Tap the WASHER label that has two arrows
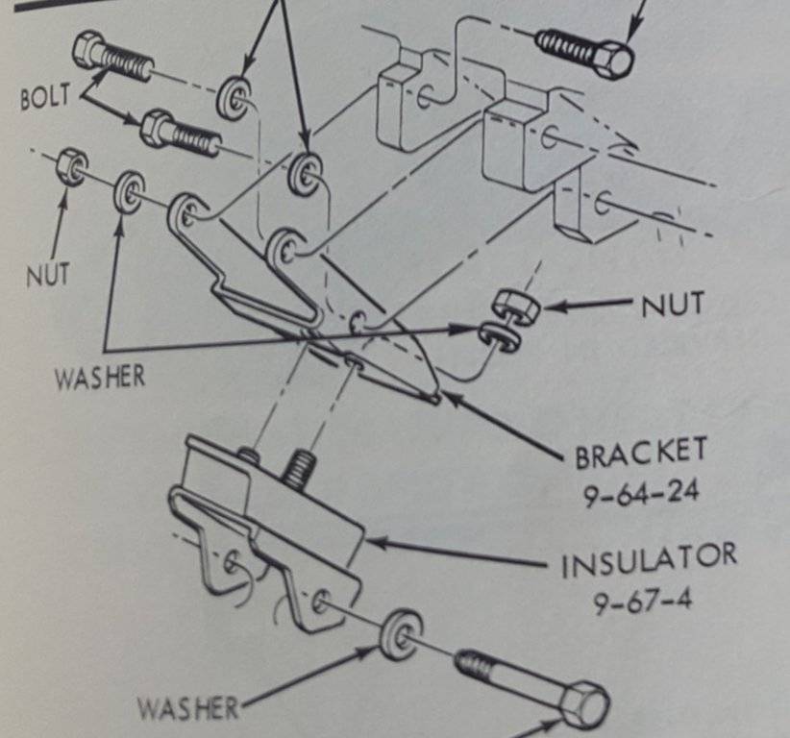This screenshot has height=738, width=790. pyautogui.click(x=100, y=375)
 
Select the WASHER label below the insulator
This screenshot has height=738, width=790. pyautogui.click(x=187, y=710)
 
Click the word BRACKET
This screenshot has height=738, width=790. pyautogui.click(x=641, y=453)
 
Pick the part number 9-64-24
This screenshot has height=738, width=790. pyautogui.click(x=641, y=493)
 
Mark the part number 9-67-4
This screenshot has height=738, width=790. pyautogui.click(x=642, y=604)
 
